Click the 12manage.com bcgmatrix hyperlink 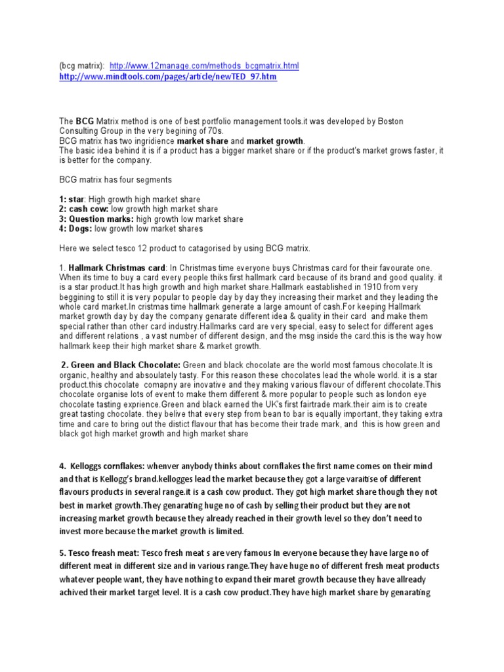pyautogui.click(x=204, y=66)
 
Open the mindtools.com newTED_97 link pyautogui.click(x=168, y=77)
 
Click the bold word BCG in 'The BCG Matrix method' pyautogui.click(x=85, y=122)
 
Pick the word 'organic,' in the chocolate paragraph pyautogui.click(x=73, y=374)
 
